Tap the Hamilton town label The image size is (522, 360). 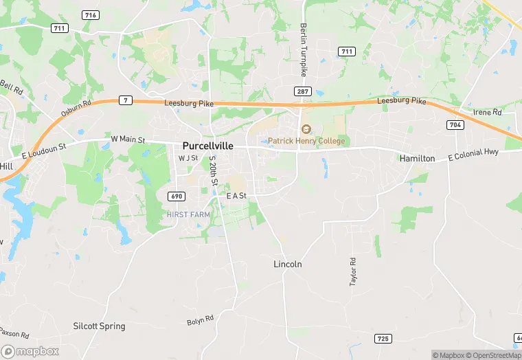(x=417, y=158)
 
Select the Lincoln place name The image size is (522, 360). (x=288, y=264)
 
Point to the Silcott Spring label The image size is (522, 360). (x=100, y=326)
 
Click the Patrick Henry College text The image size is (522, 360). (x=306, y=141)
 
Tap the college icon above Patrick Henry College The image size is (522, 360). (x=306, y=129)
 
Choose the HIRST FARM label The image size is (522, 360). (x=188, y=214)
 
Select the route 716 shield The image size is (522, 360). (x=90, y=15)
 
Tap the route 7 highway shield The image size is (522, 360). (x=124, y=100)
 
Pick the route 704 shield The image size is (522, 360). (x=454, y=124)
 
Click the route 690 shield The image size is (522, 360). (x=176, y=196)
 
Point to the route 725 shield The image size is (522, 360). (x=383, y=338)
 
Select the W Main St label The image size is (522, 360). (x=128, y=140)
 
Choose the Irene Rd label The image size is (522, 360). (x=488, y=112)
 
